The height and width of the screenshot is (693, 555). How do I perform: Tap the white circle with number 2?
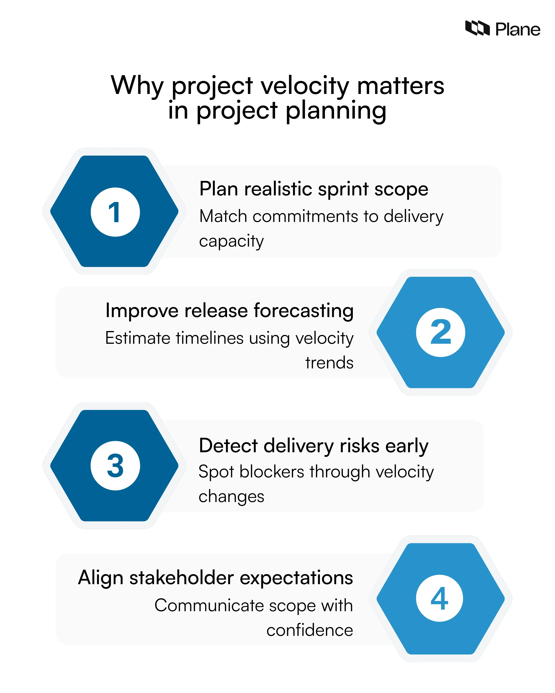(x=440, y=332)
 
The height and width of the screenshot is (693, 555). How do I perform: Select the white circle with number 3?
(x=115, y=465)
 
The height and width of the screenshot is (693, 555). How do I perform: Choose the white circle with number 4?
(x=440, y=598)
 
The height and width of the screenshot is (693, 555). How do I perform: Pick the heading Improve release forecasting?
(x=229, y=311)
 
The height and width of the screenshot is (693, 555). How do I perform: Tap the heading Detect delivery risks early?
(x=314, y=446)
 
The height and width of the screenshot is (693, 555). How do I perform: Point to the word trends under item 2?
(x=329, y=363)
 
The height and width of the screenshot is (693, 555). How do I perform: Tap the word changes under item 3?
(x=231, y=497)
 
